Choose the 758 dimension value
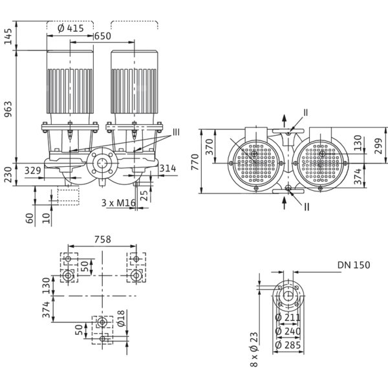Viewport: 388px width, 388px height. pyautogui.click(x=102, y=239)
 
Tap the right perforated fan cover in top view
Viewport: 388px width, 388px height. pyautogui.click(x=323, y=162)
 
